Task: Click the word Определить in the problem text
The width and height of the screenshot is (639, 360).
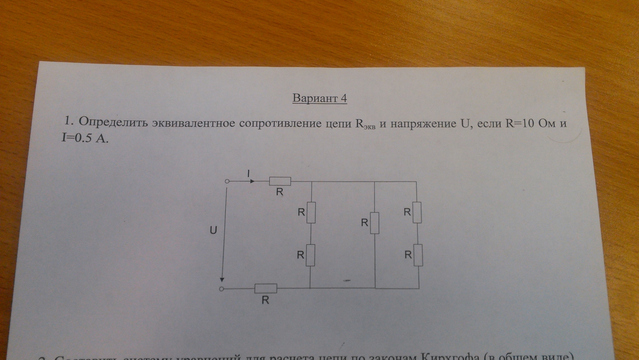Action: (112, 123)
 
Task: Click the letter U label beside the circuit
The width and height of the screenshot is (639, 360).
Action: (214, 231)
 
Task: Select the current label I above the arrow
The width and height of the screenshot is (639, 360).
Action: (248, 173)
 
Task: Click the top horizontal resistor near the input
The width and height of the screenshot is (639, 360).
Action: (280, 181)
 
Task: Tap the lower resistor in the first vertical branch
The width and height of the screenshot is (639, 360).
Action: (310, 255)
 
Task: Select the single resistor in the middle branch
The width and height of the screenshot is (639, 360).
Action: (375, 223)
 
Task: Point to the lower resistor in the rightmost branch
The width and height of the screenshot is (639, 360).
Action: (417, 255)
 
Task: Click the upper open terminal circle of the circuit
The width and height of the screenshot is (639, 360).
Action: (226, 181)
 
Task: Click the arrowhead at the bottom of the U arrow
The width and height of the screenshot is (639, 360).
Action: (223, 282)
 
